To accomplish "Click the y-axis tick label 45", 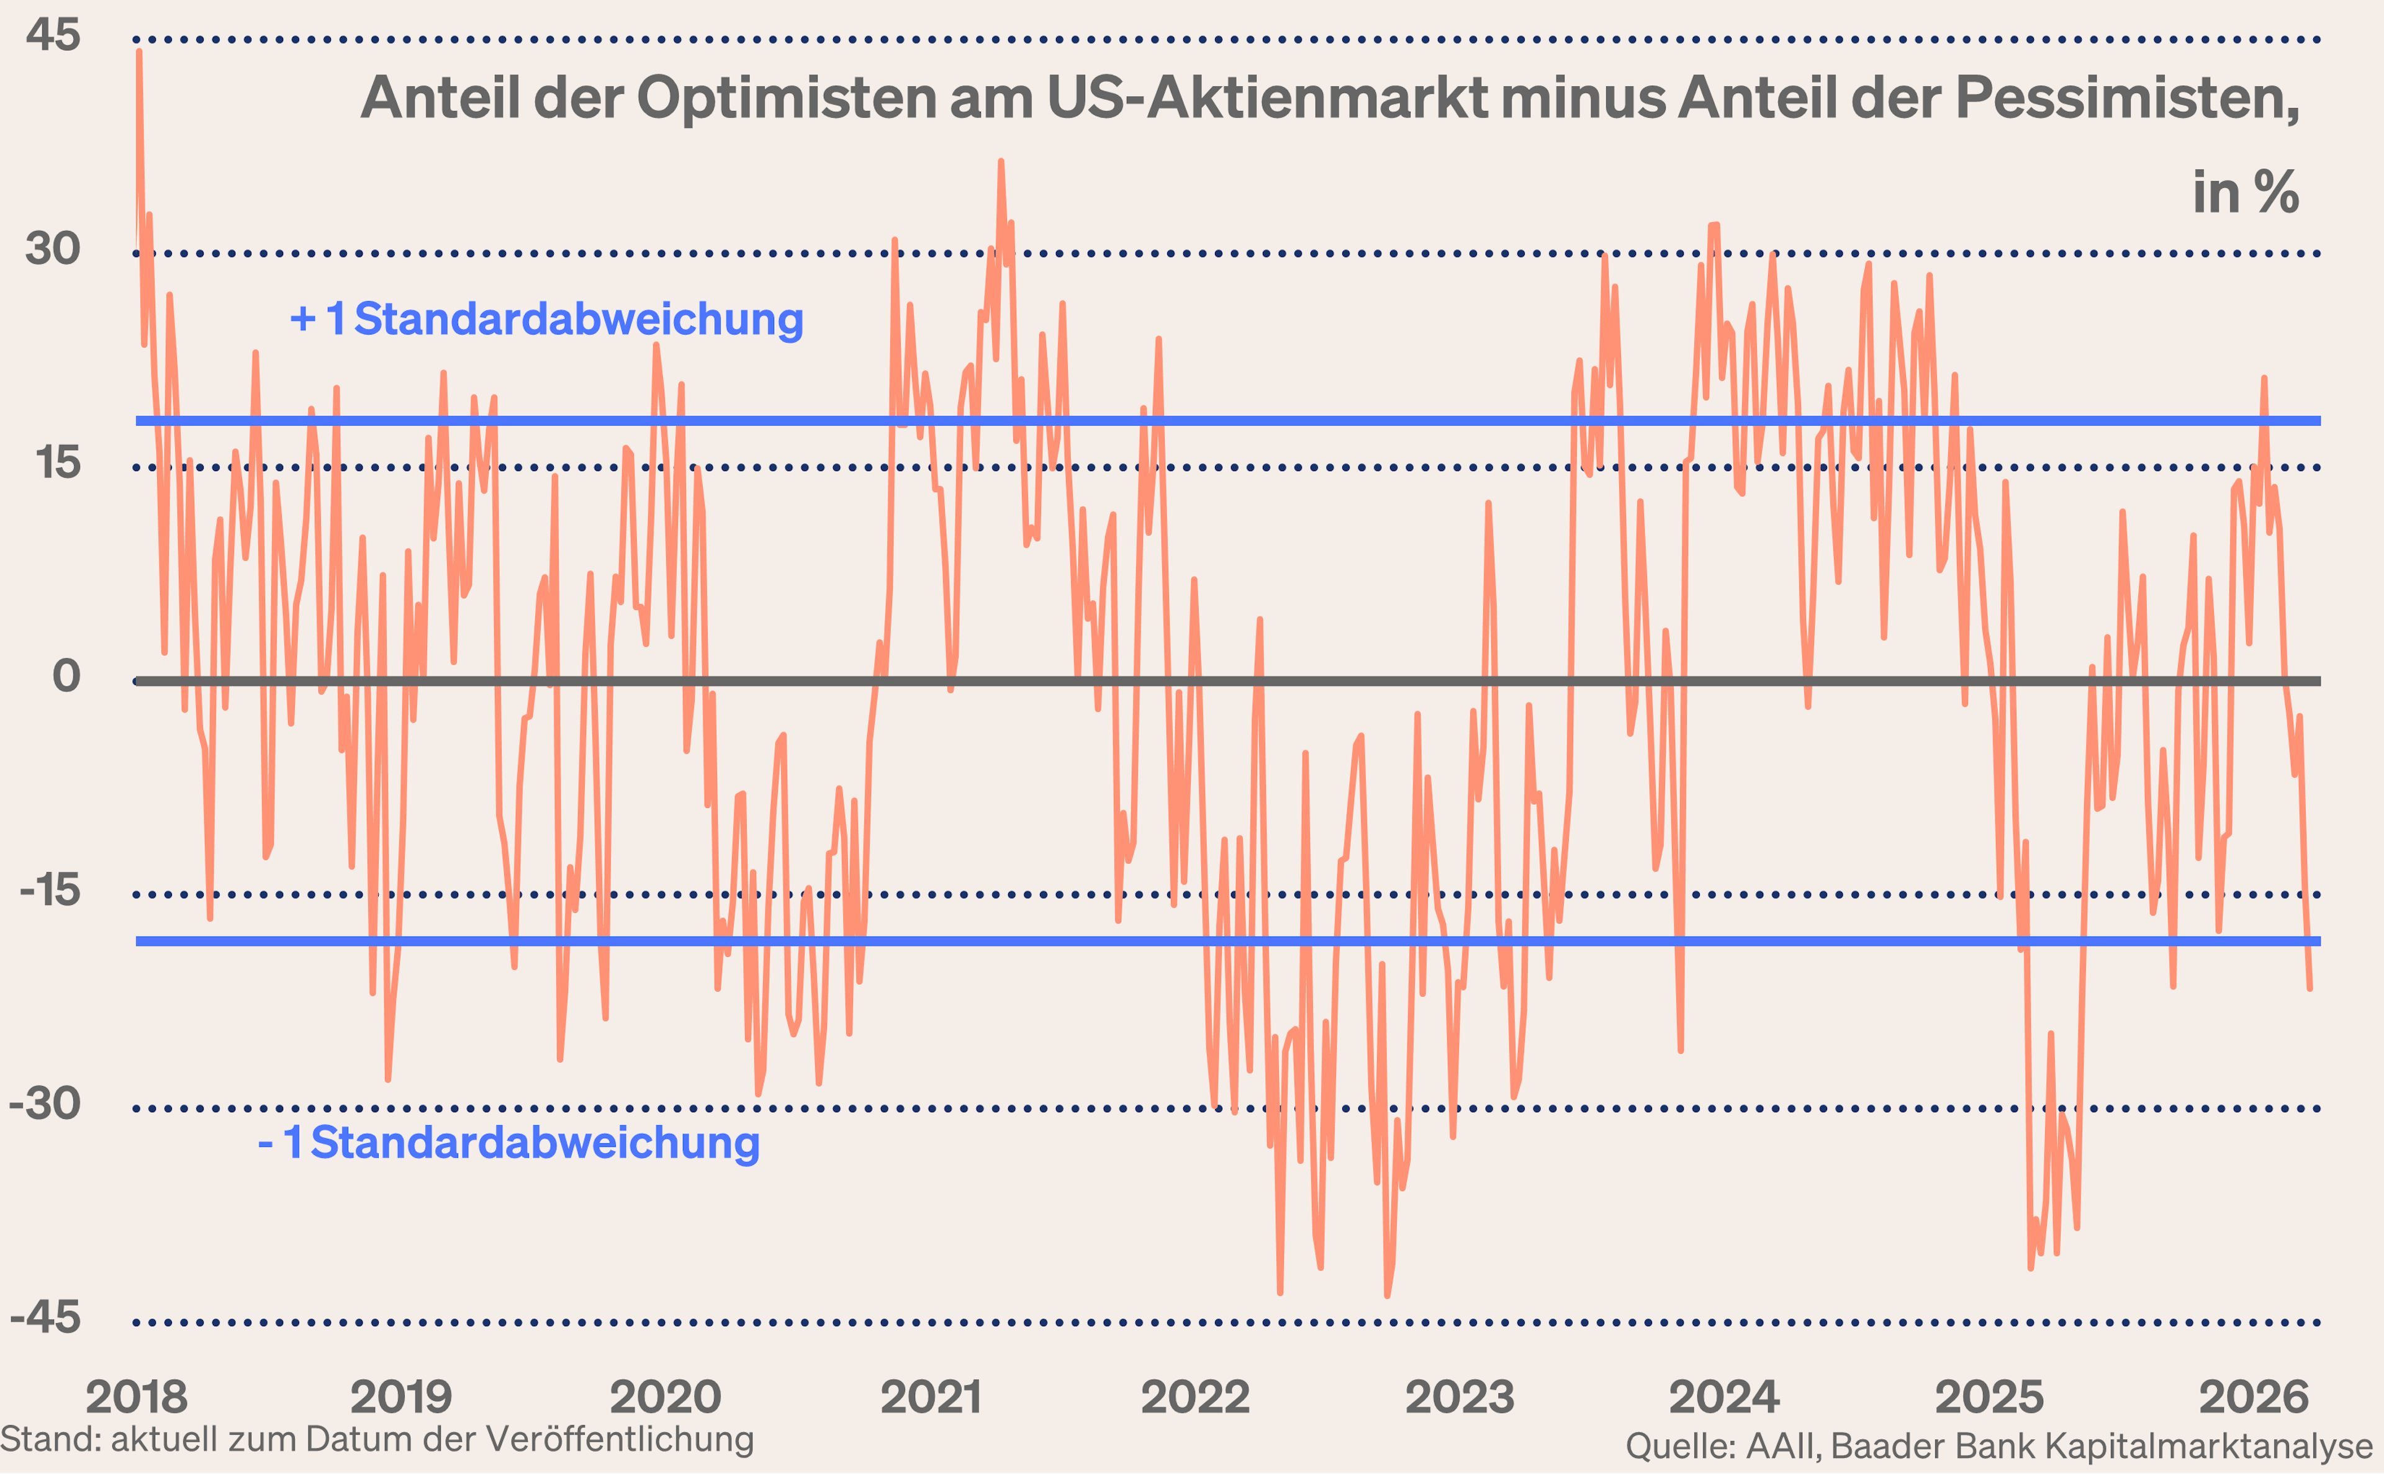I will pos(53,35).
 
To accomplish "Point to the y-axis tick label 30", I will pos(53,249).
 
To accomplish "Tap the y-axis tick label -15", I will pos(50,890).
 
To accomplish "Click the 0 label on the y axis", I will pos(66,676).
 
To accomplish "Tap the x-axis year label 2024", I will pos(1724,1397).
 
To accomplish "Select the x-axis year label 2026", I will pos(2254,1397).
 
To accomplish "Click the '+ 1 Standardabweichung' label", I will pos(547,320).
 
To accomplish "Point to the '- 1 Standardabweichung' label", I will pos(508,1143).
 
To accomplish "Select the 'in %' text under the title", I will pos(2246,193).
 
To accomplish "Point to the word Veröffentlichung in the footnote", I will pos(619,1439).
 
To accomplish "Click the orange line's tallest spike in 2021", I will pos(1000,163).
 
